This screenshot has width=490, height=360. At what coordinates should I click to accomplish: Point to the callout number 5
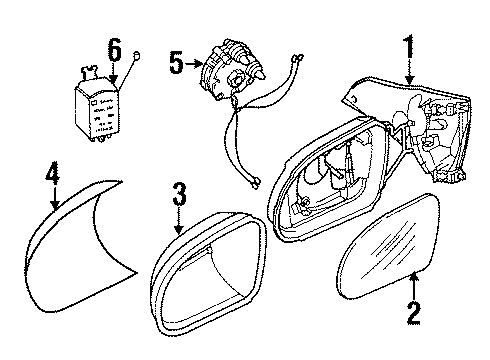click(176, 65)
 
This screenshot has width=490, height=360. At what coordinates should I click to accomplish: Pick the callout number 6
click(113, 48)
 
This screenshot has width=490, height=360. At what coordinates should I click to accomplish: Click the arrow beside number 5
click(193, 65)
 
